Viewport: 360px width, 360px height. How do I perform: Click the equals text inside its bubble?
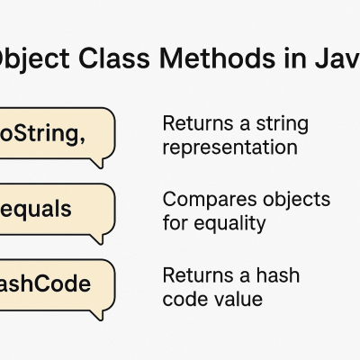point(35,210)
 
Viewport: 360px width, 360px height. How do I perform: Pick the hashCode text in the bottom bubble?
point(45,284)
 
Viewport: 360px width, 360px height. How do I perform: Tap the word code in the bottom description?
point(184,298)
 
